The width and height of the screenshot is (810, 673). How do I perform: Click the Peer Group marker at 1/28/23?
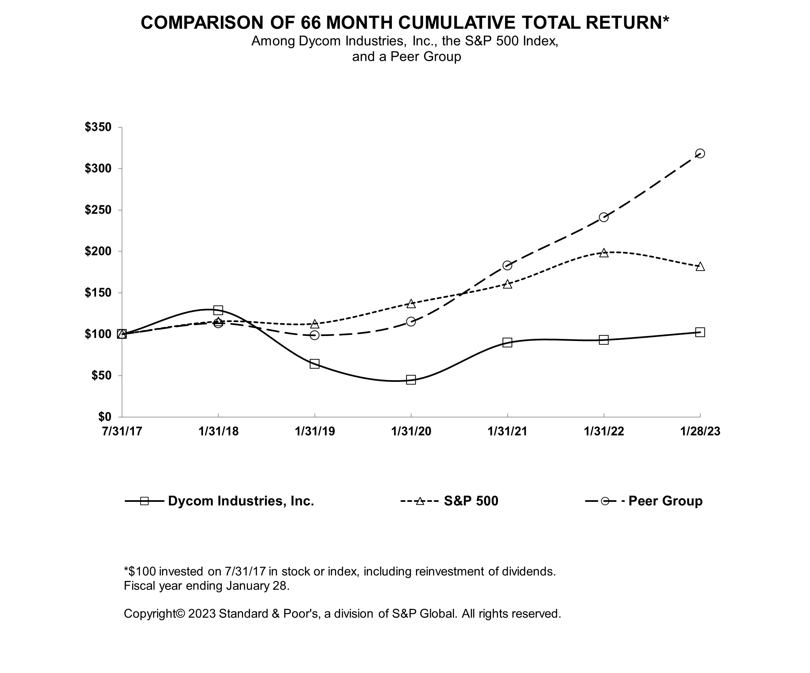point(700,154)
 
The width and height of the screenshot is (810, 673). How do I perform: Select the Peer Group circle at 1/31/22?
point(604,217)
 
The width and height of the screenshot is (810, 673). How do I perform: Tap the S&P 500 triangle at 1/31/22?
point(604,253)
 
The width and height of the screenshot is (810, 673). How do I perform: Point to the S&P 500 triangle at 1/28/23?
point(700,267)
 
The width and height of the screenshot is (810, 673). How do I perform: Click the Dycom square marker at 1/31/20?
point(411,380)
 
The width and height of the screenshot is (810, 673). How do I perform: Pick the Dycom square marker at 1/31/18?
point(218,310)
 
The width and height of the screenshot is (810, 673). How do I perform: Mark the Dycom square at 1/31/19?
point(314,364)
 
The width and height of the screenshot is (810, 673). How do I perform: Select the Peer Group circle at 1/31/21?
point(507,265)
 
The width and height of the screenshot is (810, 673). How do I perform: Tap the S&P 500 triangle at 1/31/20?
point(411,303)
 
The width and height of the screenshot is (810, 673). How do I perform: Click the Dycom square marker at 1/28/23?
point(700,332)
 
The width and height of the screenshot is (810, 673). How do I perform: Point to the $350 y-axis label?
point(98,127)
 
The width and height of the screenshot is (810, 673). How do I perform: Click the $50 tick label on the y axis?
point(101,375)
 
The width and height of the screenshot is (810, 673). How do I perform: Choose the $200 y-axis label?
point(98,251)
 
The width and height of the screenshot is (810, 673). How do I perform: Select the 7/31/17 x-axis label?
point(122,431)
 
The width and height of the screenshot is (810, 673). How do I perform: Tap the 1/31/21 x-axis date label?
point(507,431)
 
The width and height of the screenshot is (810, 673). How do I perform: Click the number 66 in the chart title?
point(310,22)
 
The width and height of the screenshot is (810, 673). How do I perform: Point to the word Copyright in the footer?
point(149,614)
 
